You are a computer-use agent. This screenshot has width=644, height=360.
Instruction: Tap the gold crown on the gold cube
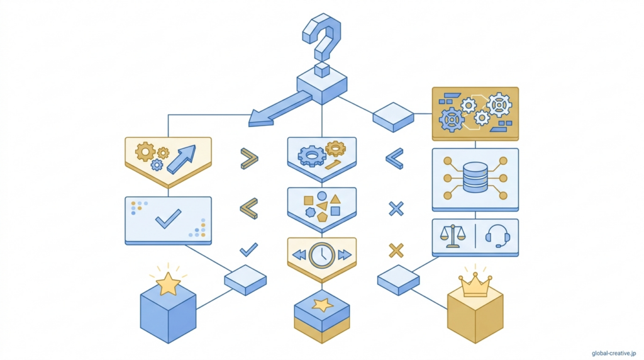click(476, 287)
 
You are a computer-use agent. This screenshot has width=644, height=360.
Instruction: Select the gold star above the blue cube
click(168, 284)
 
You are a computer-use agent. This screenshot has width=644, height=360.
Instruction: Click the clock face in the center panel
click(321, 255)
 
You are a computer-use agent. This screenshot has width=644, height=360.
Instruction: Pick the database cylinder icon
click(475, 177)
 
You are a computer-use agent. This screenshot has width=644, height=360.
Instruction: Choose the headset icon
click(498, 237)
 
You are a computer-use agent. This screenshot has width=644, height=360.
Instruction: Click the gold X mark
click(396, 250)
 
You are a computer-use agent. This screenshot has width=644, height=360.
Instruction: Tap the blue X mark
click(396, 209)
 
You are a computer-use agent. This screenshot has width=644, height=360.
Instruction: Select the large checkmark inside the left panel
click(168, 219)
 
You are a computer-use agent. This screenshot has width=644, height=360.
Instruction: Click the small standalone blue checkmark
click(249, 250)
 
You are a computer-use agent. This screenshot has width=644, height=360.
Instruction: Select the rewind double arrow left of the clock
click(299, 255)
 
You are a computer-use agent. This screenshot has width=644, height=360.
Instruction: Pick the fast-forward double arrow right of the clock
click(344, 255)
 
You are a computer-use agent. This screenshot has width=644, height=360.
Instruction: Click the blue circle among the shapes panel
click(322, 196)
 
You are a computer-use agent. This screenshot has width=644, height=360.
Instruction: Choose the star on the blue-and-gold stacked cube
click(322, 305)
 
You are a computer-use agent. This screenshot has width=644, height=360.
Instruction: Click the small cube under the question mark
click(322, 69)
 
